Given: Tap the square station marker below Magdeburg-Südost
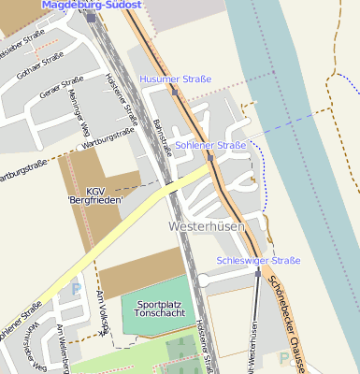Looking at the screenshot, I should tap(90, 17).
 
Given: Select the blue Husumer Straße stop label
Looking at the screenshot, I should tap(175, 79).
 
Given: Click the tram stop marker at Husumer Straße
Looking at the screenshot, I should tap(175, 92).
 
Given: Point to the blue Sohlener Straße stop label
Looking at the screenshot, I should tap(210, 146).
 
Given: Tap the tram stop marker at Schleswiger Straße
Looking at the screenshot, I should tap(258, 273).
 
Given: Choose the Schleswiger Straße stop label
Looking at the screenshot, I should tap(258, 260).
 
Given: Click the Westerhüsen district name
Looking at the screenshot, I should tap(207, 226).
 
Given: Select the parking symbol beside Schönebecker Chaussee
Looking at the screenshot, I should tap(283, 357).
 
